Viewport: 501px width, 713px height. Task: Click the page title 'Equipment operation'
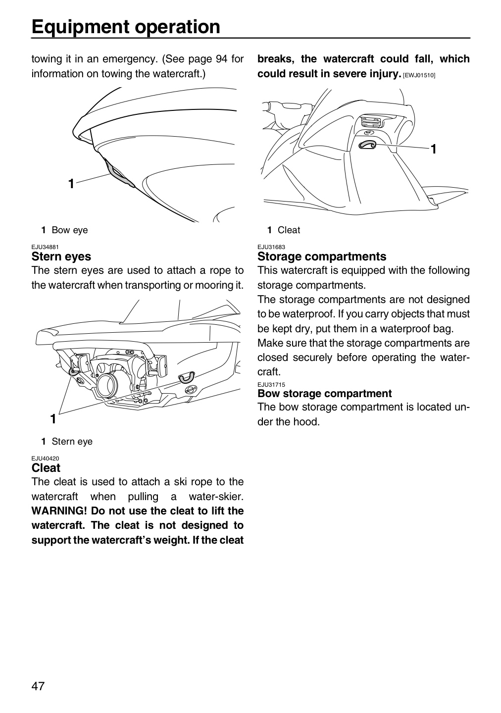point(126,27)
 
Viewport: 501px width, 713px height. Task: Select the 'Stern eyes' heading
point(61,256)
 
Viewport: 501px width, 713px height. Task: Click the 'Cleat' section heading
point(46,468)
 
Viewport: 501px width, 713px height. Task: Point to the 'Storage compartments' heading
point(322,256)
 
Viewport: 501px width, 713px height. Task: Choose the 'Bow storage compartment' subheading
point(325,394)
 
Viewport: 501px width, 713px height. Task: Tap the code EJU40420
point(45,458)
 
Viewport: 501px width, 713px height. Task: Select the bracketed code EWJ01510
point(419,75)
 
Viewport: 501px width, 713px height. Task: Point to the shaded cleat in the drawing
point(368,145)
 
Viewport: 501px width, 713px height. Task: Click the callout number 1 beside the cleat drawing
point(433,149)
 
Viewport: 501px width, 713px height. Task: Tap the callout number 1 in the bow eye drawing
point(71,184)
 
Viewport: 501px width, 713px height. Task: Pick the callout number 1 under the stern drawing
point(53,419)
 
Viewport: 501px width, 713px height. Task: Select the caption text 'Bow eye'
point(70,230)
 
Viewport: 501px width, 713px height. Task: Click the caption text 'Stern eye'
point(72,442)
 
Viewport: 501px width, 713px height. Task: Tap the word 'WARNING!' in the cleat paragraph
point(59,511)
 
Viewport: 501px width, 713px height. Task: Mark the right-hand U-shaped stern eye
point(187,377)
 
